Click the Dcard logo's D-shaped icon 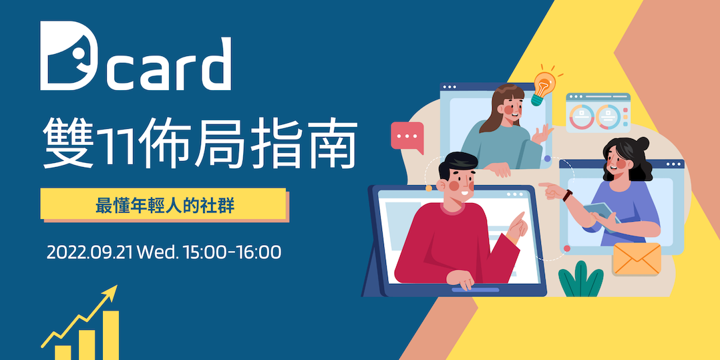[x=65, y=57]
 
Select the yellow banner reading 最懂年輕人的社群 [x=164, y=204]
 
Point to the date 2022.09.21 [x=91, y=253]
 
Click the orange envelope [x=636, y=259]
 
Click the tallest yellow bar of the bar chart [x=110, y=335]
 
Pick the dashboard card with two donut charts [x=598, y=114]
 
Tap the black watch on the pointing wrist [x=567, y=196]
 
